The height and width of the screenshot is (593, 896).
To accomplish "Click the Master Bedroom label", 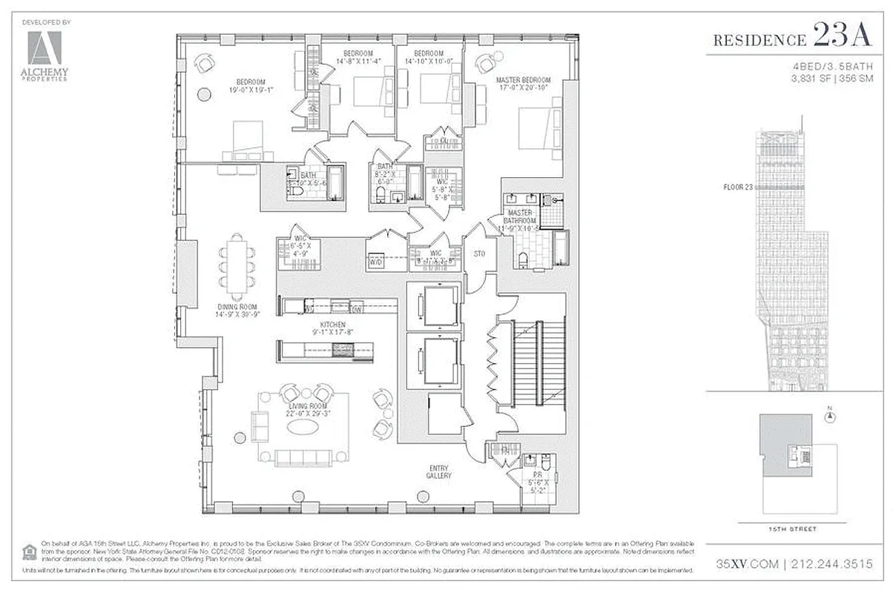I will pyautogui.click(x=524, y=80).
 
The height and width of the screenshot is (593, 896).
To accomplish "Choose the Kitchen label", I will pyautogui.click(x=329, y=325).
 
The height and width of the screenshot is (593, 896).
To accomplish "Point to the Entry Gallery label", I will pyautogui.click(x=440, y=471).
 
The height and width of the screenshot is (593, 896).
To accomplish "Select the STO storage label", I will pyautogui.click(x=480, y=254).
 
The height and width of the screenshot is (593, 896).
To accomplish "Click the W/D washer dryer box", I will pyautogui.click(x=377, y=260).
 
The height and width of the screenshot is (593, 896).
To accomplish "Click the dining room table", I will pyautogui.click(x=237, y=265).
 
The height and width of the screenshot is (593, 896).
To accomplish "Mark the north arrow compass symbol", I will pyautogui.click(x=830, y=416).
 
